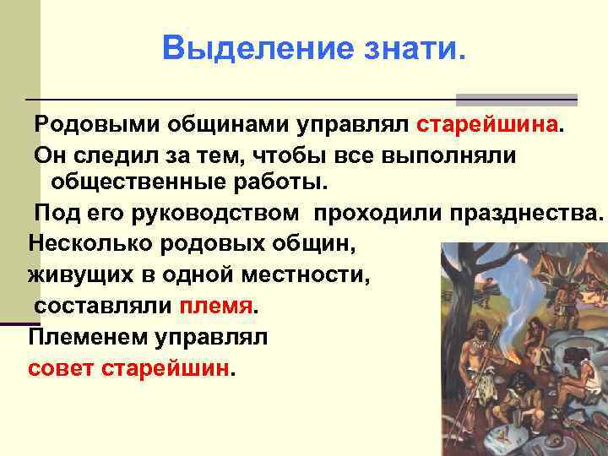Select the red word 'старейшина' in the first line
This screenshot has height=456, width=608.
point(487,126)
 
